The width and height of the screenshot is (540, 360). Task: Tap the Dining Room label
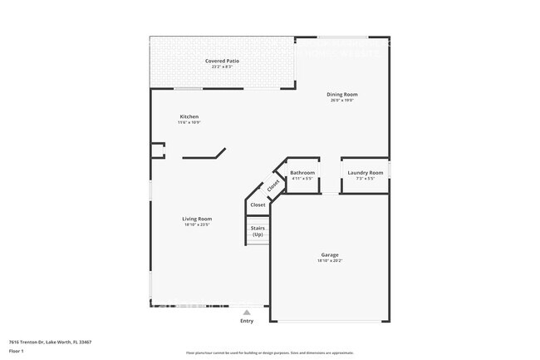click(x=341, y=95)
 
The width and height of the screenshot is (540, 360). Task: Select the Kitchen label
click(x=189, y=116)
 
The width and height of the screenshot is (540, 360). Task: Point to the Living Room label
click(x=197, y=219)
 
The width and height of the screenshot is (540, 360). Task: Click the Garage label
click(x=330, y=254)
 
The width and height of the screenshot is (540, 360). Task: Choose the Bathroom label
click(x=302, y=173)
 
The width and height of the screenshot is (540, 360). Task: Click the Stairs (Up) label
click(x=258, y=232)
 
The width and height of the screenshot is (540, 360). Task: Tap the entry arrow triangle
click(x=247, y=312)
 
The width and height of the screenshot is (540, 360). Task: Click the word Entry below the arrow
click(x=247, y=321)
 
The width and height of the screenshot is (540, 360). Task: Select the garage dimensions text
click(x=330, y=260)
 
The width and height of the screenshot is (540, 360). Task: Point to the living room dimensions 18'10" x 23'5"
click(x=197, y=224)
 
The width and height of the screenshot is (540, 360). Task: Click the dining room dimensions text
click(x=341, y=101)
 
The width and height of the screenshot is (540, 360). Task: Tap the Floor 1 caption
click(x=17, y=352)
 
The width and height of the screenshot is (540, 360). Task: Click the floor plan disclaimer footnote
click(x=269, y=353)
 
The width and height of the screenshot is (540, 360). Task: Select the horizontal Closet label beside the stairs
click(x=258, y=205)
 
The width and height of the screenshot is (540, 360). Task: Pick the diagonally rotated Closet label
click(x=273, y=185)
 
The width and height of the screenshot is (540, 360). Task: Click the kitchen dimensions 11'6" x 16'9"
click(x=189, y=122)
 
